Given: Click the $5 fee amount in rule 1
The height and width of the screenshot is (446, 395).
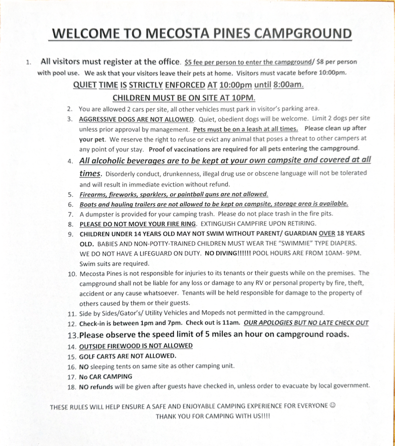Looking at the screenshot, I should pyautogui.click(x=188, y=63).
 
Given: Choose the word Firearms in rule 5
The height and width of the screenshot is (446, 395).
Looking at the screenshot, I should pyautogui.click(x=93, y=194).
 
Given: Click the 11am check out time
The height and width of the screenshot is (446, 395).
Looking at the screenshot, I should pyautogui.click(x=230, y=323).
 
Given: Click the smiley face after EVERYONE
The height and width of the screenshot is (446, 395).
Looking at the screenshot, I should pyautogui.click(x=332, y=406).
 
